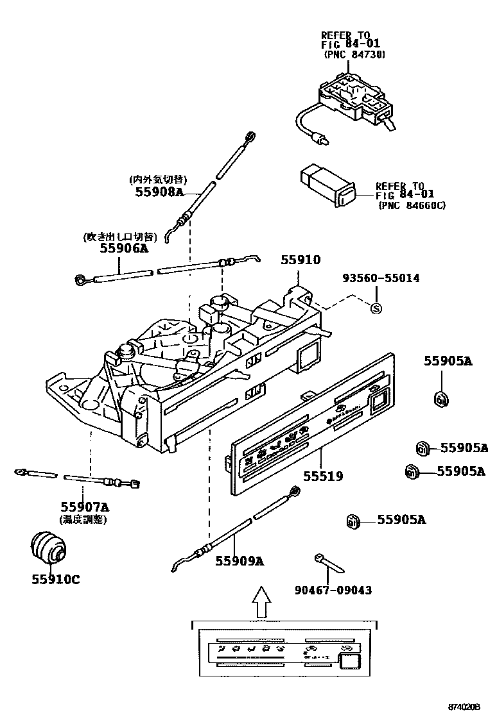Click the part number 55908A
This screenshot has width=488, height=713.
point(159,191)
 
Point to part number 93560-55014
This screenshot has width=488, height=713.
point(381,278)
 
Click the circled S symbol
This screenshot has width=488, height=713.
point(377,308)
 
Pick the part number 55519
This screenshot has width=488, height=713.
point(323,476)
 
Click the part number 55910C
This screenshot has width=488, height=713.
point(56,580)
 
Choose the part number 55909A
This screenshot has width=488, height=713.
point(240,561)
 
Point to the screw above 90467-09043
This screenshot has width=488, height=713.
point(329,564)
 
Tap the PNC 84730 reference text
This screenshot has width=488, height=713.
point(354,55)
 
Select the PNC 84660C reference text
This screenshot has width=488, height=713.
point(412,205)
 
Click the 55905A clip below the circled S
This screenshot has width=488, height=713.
point(440,399)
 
